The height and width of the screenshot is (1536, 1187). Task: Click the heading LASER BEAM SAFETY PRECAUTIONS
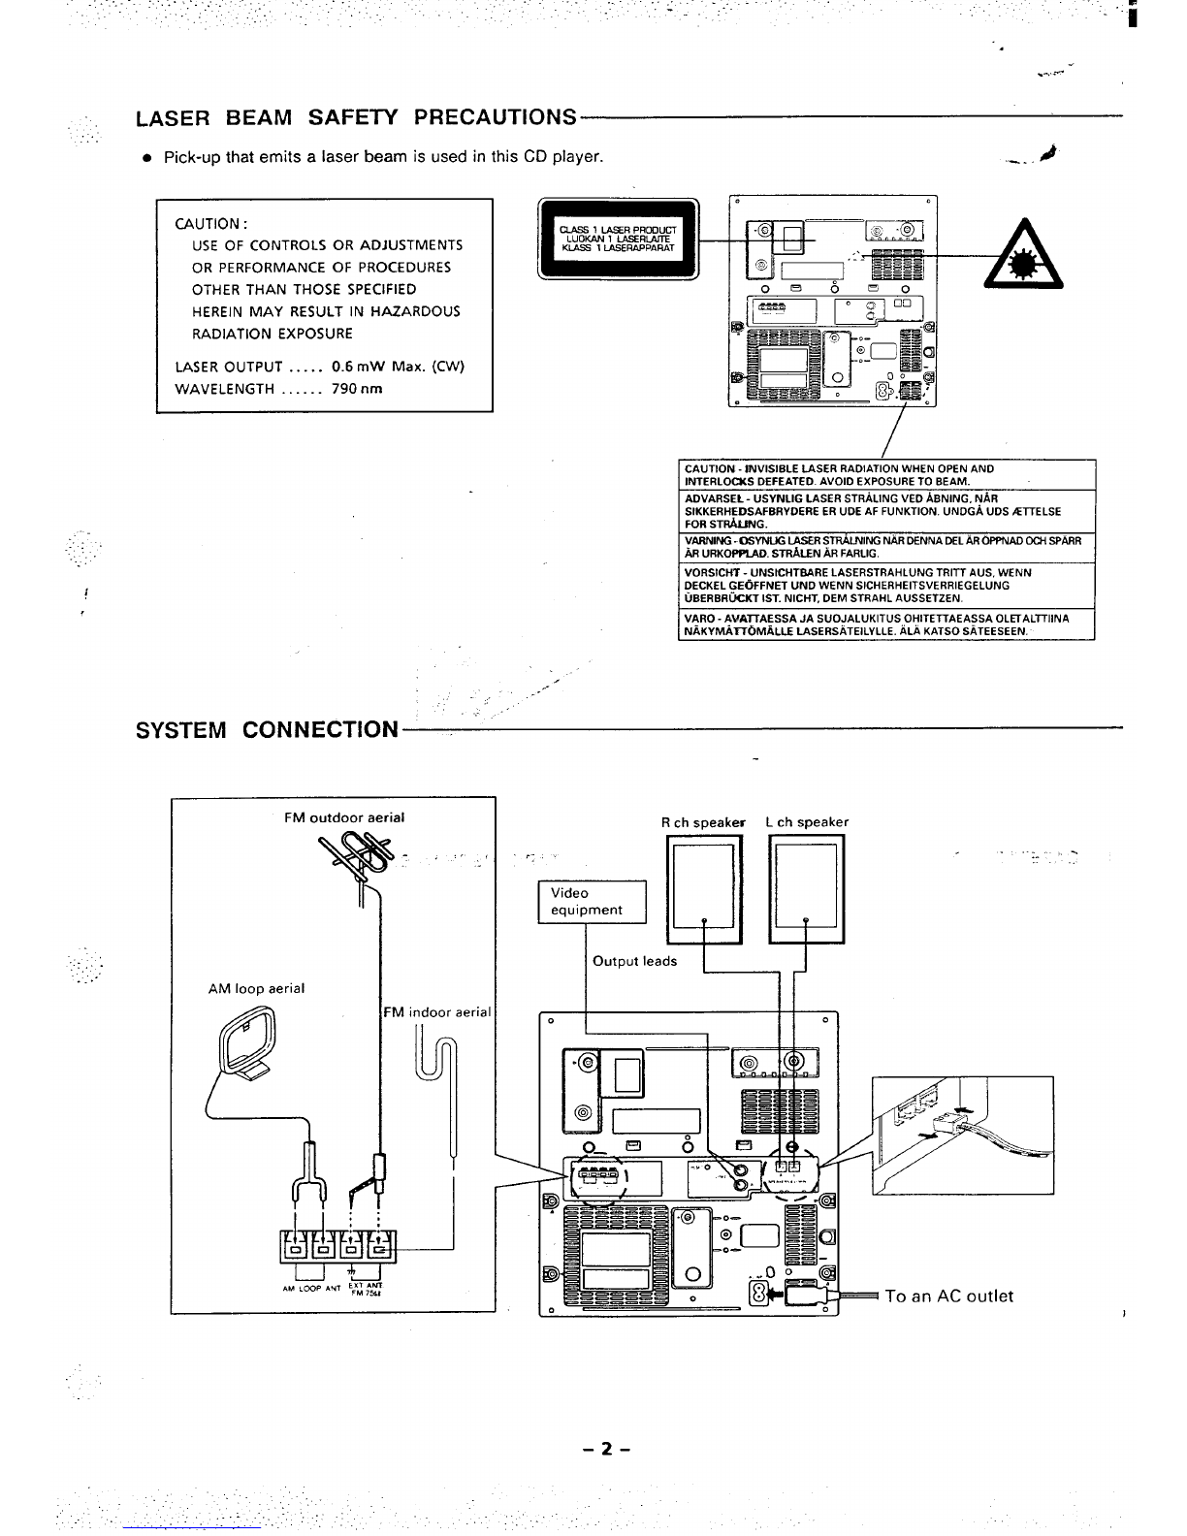(x=356, y=117)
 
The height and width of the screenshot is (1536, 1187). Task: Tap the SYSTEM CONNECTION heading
(x=267, y=729)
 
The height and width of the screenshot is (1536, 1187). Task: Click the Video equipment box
(x=592, y=901)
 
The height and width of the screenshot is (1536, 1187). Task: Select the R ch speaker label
(x=703, y=822)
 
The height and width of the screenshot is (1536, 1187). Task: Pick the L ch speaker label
(x=807, y=822)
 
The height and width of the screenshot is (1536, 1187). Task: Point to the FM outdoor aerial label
(x=344, y=817)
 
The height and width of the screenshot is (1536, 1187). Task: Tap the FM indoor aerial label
(x=437, y=1012)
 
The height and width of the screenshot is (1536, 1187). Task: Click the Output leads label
(x=634, y=961)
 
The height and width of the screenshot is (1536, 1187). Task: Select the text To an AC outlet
(x=948, y=1296)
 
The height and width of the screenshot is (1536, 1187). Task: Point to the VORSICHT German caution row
(x=888, y=585)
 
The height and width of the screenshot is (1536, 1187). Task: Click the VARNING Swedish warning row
(x=888, y=546)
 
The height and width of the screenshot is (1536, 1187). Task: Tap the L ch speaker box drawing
(x=807, y=887)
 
